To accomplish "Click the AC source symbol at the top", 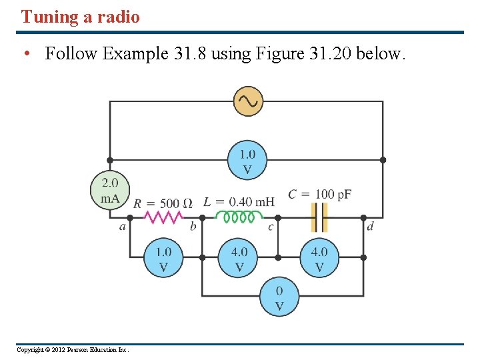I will point(248,101).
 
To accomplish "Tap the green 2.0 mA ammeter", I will point(109,190).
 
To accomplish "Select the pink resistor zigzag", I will point(163,217).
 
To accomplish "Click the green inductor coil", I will point(239,217).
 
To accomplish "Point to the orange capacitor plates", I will point(320,217).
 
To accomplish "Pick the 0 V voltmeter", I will point(279,298).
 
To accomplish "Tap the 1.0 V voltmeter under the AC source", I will point(247,161).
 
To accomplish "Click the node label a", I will point(123,227).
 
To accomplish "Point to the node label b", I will point(193,227).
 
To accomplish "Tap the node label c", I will point(271,227).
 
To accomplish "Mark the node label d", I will point(370,227).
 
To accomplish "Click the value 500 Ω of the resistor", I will point(177,203).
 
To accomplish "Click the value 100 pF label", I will point(333,194).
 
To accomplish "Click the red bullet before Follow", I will point(25,54).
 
